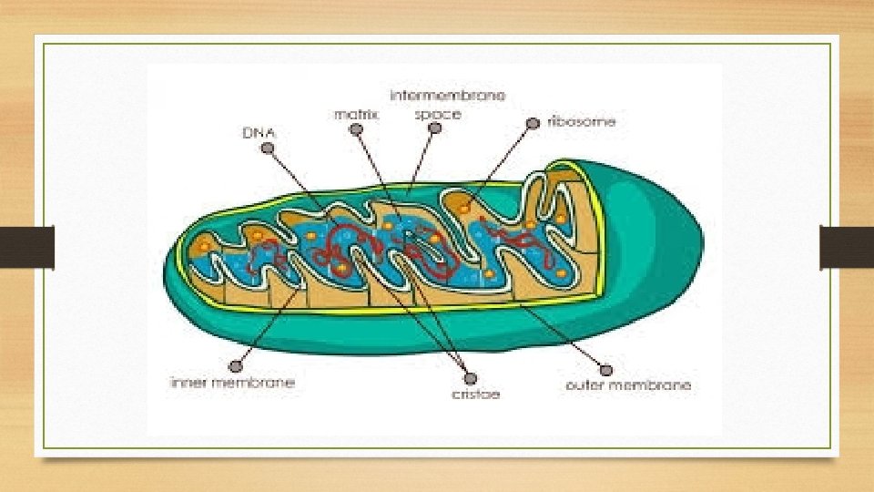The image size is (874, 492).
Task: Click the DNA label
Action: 259,133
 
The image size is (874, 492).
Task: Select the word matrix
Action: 356,115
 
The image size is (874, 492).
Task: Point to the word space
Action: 438,115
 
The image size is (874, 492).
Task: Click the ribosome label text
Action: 582,121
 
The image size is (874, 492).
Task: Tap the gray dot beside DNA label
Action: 268,151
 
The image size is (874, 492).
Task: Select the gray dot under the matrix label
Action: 357,131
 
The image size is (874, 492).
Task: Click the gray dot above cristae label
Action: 470,378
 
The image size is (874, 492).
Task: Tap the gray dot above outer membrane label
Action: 607,369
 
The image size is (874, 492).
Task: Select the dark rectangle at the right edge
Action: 847,247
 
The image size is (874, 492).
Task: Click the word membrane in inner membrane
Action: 255,383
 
